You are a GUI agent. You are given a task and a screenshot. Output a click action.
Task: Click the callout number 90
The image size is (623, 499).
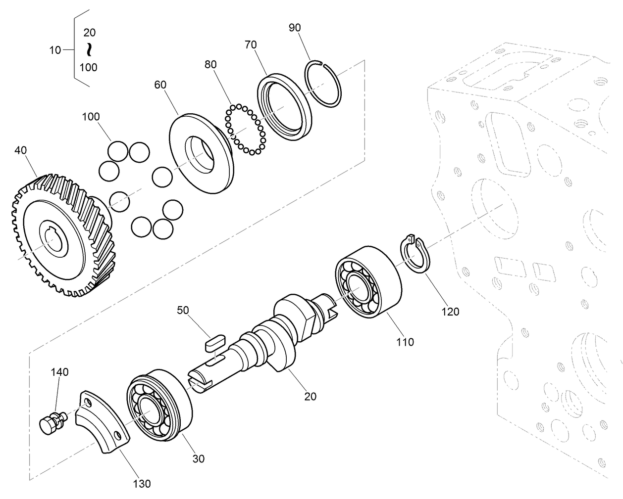(x=295, y=28)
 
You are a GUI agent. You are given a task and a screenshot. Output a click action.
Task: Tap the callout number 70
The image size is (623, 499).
(x=251, y=45)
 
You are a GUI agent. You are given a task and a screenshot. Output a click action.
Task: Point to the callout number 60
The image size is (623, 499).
(x=160, y=85)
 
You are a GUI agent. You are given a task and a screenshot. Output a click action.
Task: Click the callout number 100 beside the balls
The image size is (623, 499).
(x=91, y=117)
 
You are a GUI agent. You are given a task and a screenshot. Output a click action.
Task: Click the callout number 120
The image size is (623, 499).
(x=450, y=312)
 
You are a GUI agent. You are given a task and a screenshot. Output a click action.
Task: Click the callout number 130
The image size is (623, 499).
(x=142, y=483)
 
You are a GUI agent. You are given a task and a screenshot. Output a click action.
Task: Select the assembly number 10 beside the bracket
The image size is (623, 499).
(x=55, y=50)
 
